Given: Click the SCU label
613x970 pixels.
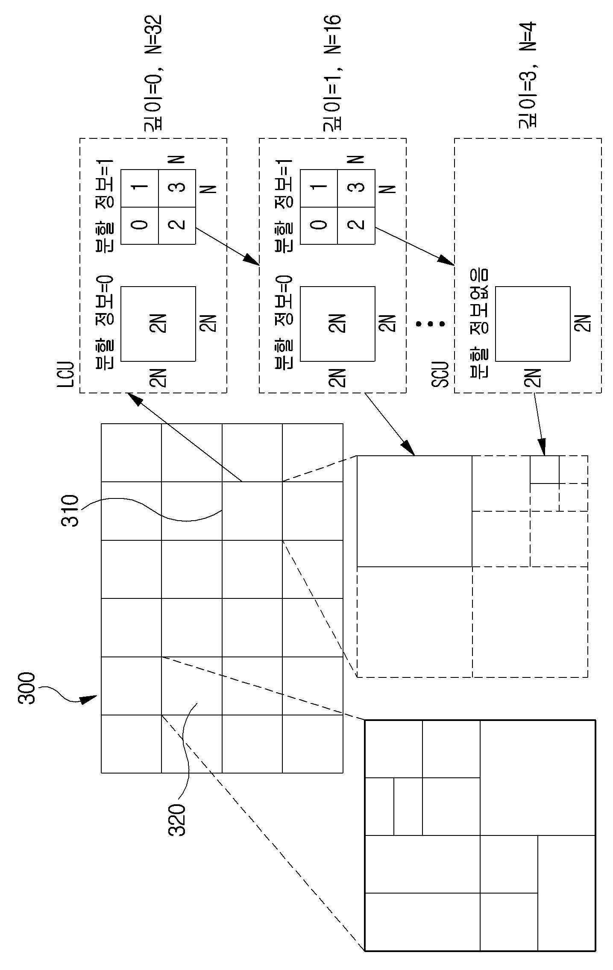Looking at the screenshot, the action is (439, 375).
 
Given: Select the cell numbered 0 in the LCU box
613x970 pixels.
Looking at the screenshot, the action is (140, 226).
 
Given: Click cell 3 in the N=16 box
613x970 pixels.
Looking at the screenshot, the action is (356, 188).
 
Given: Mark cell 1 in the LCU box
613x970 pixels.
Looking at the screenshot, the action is (140, 188).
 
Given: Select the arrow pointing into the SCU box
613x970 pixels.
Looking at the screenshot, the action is (414, 245).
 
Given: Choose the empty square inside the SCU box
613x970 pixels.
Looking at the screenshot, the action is (533, 323).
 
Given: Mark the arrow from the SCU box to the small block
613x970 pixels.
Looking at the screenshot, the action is (539, 424).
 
